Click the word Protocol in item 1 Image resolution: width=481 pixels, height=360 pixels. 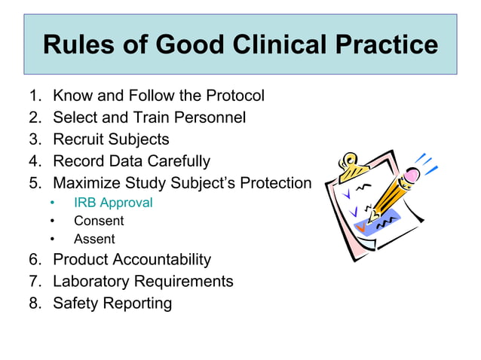coord(233,96)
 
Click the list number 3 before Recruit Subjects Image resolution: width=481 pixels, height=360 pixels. coord(33,140)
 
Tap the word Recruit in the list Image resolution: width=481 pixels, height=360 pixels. coord(78,140)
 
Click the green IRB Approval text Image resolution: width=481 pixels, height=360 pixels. coord(113,203)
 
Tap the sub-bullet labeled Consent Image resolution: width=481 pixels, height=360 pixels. coord(98,221)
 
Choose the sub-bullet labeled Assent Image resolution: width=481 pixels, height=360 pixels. coord(94,239)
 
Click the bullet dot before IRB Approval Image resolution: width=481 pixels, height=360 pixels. coord(52,203)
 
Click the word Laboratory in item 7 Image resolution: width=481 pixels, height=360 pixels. coord(90,282)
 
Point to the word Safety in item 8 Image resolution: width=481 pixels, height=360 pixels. coord(75,304)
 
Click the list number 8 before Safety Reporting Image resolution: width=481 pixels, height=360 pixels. coord(33,304)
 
